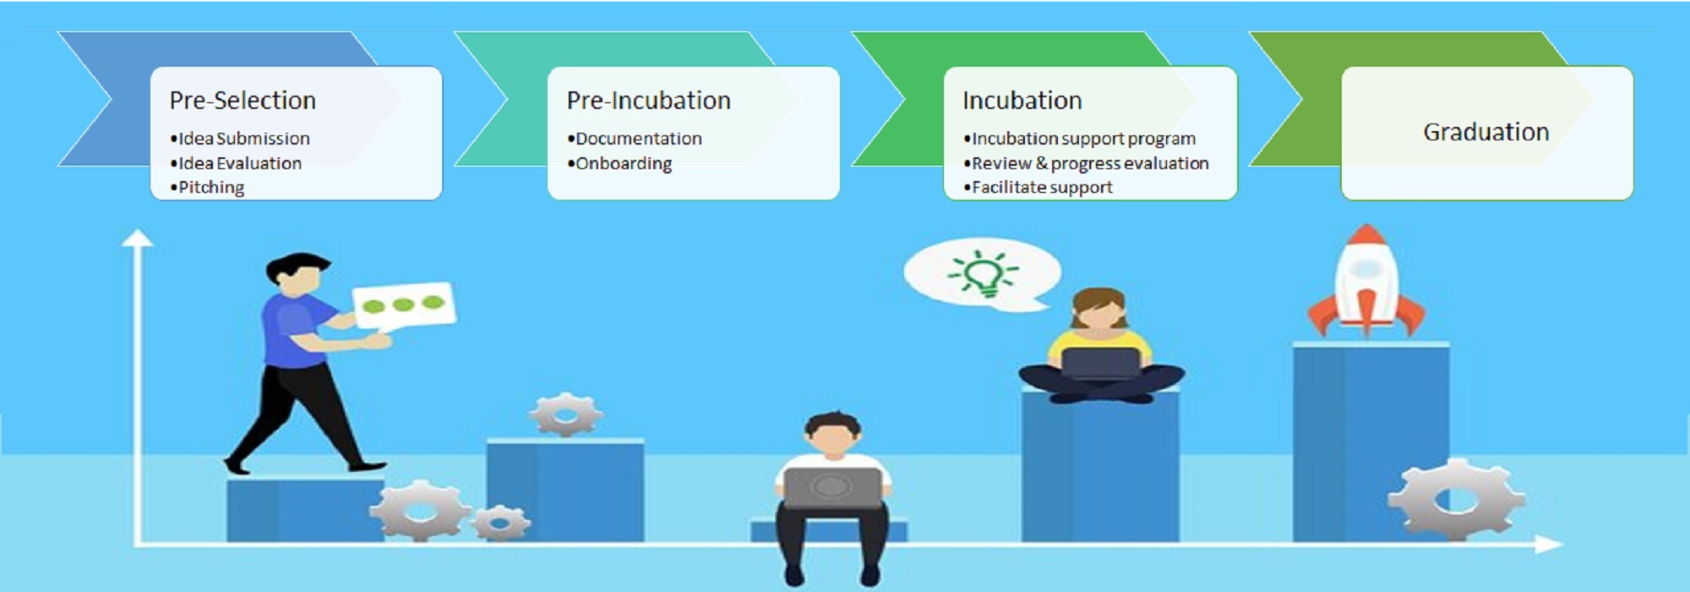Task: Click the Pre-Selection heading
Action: point(243,101)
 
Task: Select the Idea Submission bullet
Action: point(240,138)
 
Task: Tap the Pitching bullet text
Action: point(207,188)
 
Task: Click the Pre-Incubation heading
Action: point(648,101)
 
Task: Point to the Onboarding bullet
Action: point(619,163)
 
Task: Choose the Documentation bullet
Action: point(635,138)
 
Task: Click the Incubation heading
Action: point(1022,101)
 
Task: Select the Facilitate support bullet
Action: point(1039,188)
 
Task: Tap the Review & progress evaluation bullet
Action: point(1087,163)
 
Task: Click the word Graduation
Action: point(1486,132)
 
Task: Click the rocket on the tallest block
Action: point(1366,282)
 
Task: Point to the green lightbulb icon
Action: point(983,272)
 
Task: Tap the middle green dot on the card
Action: point(403,304)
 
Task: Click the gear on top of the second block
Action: point(565,414)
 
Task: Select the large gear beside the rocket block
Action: point(1456,499)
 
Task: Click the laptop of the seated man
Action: point(831,487)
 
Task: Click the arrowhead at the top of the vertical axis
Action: point(137,238)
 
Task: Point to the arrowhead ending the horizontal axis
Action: point(1548,545)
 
